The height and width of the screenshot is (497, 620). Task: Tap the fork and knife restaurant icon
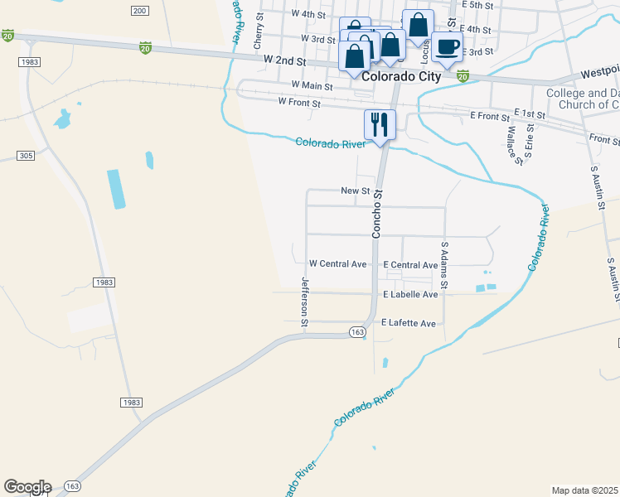coord(380,124)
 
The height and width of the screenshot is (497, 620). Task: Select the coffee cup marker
coord(448,46)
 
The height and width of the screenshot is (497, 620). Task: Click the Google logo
coord(27,487)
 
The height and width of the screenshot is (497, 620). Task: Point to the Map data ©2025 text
coord(585,490)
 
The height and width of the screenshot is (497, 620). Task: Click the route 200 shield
coord(139,10)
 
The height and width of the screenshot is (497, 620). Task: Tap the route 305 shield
coord(25,156)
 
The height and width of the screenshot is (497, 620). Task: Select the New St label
coord(355,191)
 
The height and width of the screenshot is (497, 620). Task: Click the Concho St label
coord(376,215)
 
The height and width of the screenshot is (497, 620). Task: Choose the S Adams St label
coord(444,265)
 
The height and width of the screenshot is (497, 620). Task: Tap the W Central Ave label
coord(337,264)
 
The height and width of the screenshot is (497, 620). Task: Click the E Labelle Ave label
coord(409,295)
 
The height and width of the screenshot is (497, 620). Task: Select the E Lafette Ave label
coord(409,323)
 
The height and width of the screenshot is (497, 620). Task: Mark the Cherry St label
coord(259,36)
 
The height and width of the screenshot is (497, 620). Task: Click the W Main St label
coord(312,85)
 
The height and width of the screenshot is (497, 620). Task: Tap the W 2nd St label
coord(285,61)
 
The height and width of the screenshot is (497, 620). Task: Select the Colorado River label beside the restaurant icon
coord(331,143)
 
